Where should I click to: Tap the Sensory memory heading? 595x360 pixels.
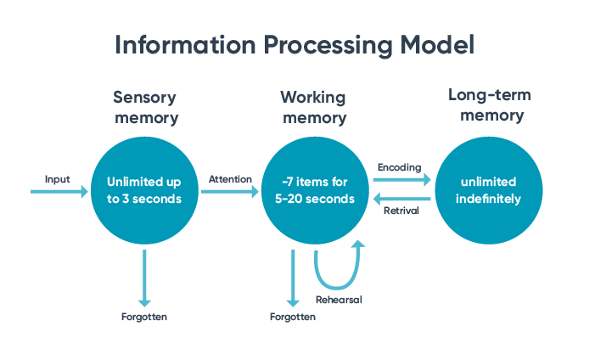point(146,108)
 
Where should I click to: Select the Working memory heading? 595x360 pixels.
point(313,108)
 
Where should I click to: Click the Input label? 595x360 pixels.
point(58,179)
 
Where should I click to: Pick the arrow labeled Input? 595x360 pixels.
point(59,192)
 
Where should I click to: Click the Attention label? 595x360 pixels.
point(230,179)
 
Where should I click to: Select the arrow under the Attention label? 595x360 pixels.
point(229,192)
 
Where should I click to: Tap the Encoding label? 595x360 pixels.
point(399,167)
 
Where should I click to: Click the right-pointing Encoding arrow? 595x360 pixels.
point(402,179)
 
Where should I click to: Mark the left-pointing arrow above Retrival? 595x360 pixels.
point(403,200)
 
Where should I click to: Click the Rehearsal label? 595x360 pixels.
point(339,300)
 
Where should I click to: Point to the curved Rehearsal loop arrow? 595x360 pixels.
point(338,272)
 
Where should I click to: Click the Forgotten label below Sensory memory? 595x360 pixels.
point(144,318)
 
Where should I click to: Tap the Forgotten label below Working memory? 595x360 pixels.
point(293,317)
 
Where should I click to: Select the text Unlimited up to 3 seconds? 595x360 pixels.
point(145,191)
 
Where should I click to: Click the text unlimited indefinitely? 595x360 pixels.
point(487,191)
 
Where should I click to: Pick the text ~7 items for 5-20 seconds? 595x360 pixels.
point(314,191)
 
